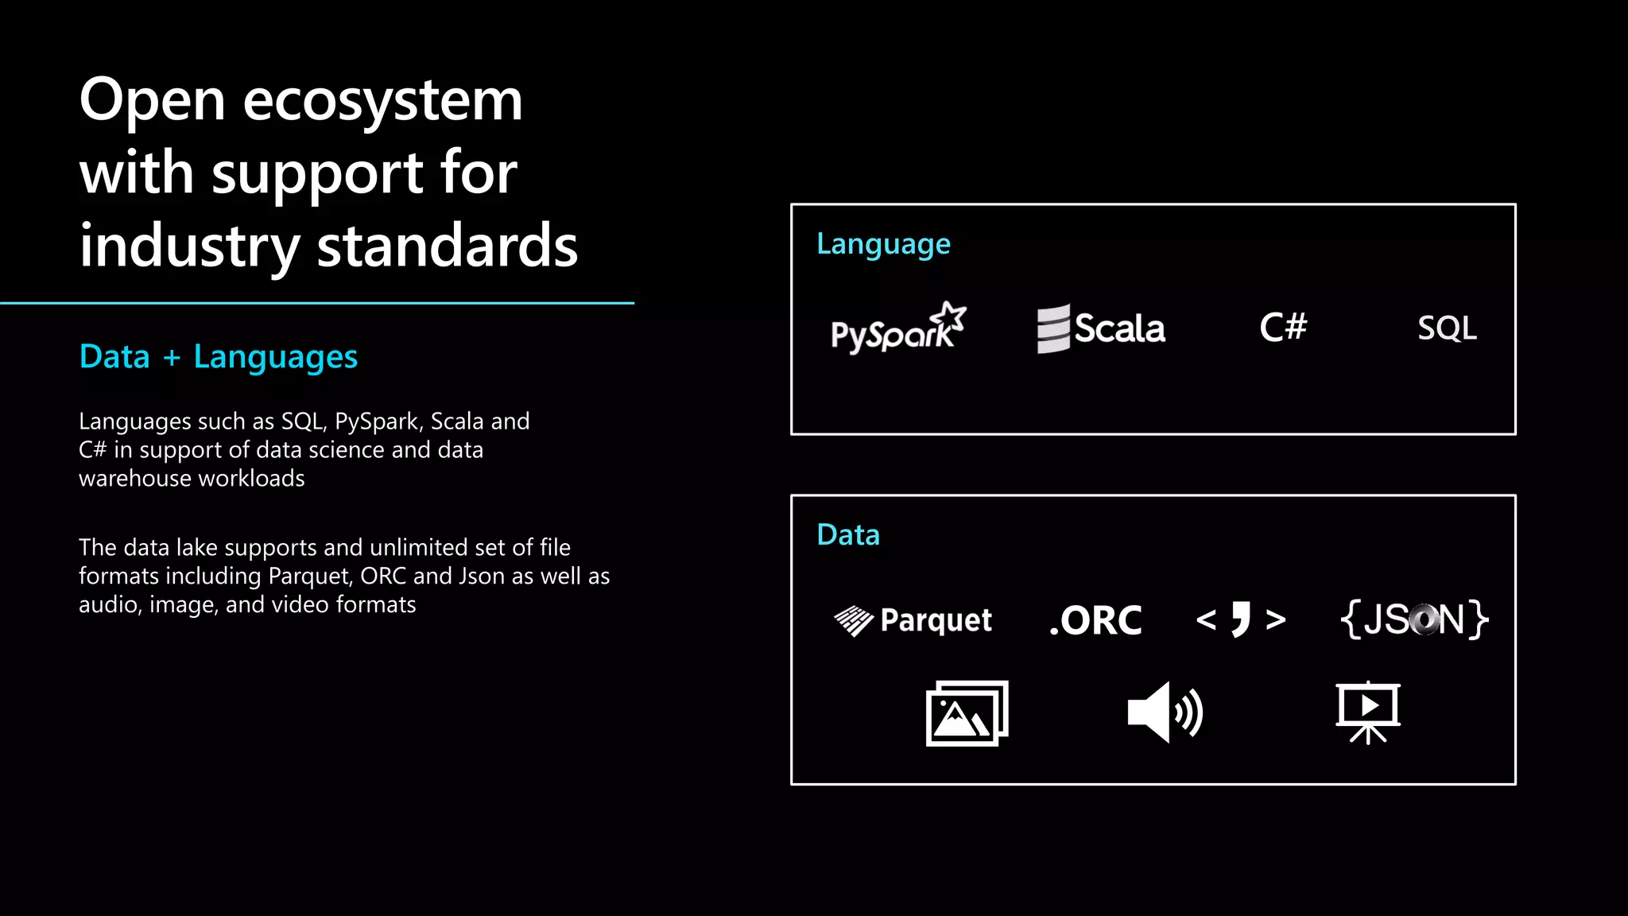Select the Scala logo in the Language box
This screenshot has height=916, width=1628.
pyautogui.click(x=1101, y=328)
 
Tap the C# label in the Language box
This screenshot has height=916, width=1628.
pyautogui.click(x=1283, y=327)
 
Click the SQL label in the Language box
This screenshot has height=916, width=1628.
pyautogui.click(x=1447, y=328)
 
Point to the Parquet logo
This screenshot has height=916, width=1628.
pyautogui.click(x=913, y=620)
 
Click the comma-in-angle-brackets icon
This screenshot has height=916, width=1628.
pyautogui.click(x=1240, y=619)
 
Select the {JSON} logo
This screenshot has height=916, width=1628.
pyautogui.click(x=1413, y=619)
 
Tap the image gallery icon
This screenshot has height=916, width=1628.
pyautogui.click(x=967, y=713)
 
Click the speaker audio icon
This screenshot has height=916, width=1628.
pyautogui.click(x=1165, y=712)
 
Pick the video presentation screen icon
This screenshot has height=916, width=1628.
pyautogui.click(x=1367, y=712)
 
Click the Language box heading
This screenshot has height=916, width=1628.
pyautogui.click(x=883, y=244)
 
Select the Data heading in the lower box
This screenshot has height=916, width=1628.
pyautogui.click(x=848, y=535)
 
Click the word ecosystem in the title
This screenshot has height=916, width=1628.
pyautogui.click(x=382, y=101)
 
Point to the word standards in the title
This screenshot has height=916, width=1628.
pyautogui.click(x=447, y=246)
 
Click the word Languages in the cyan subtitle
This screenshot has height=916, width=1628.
pyautogui.click(x=275, y=357)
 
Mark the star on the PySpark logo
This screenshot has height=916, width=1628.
pyautogui.click(x=952, y=316)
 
